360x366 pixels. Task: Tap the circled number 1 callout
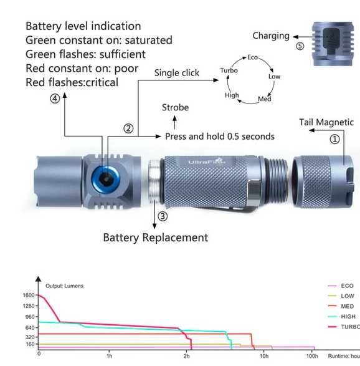[334, 139]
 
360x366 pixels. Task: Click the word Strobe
[175, 107]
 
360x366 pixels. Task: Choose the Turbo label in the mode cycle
[229, 70]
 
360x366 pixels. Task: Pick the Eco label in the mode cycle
[252, 57]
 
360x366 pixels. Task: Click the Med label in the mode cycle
[264, 99]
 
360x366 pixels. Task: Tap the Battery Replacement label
[155, 237]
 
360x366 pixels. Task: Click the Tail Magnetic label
[326, 122]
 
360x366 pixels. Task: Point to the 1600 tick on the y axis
[29, 296]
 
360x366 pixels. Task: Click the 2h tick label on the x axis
[187, 356]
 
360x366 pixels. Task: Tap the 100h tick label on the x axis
[312, 356]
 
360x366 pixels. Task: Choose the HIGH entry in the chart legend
[348, 316]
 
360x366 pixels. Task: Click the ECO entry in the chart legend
[347, 286]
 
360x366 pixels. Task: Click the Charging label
[270, 36]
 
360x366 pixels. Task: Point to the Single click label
[177, 73]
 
